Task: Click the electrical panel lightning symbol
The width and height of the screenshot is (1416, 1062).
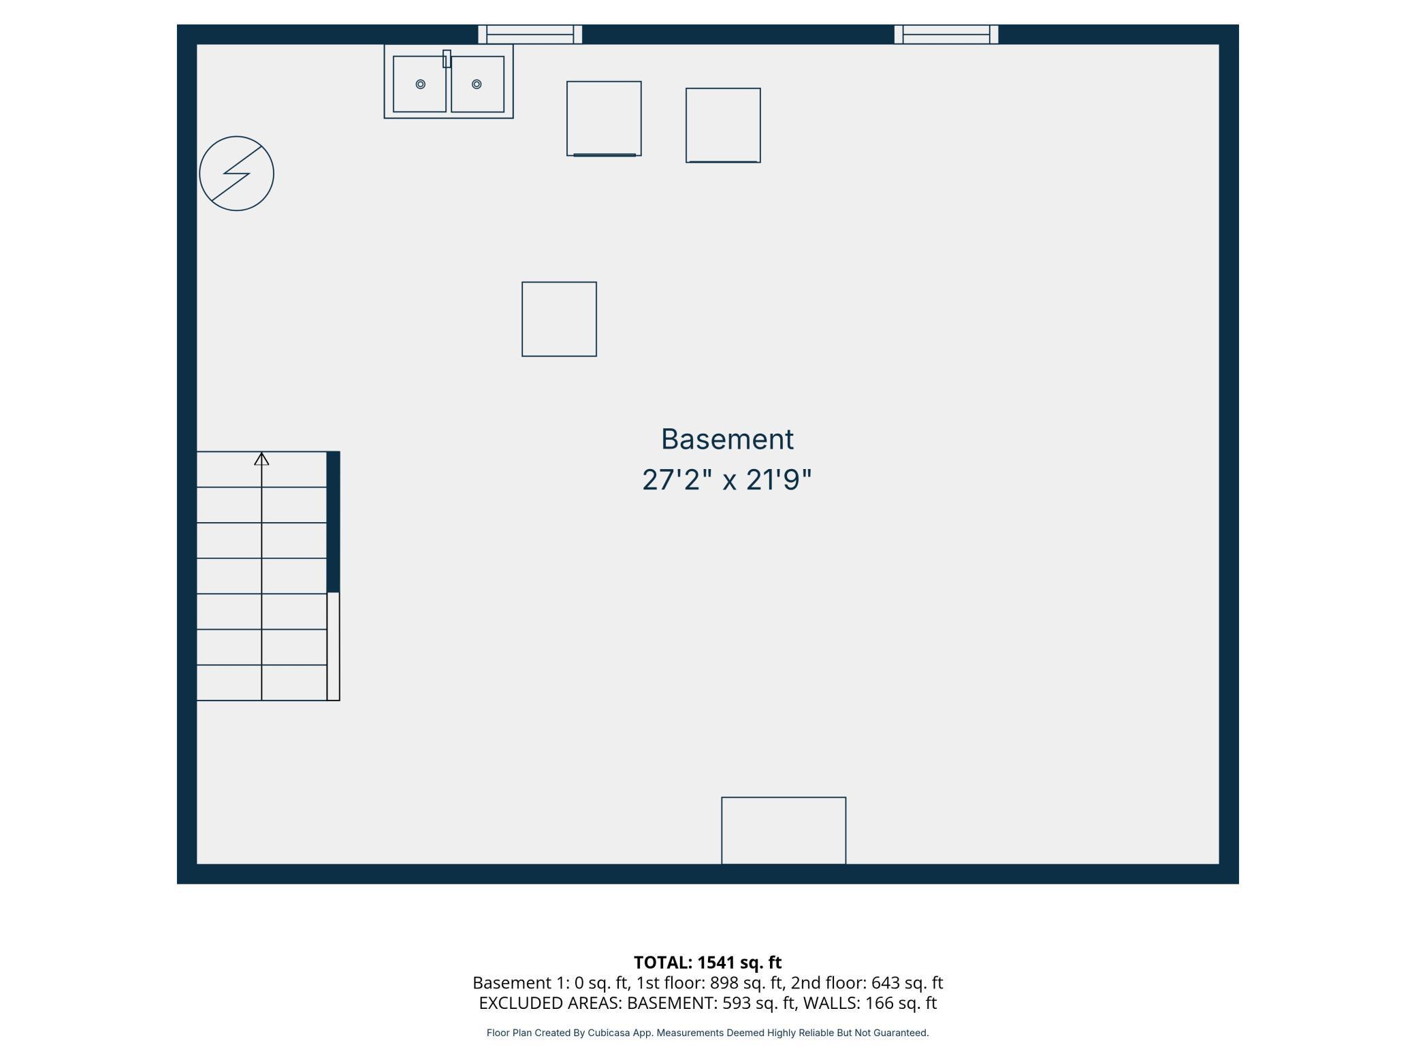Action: tap(236, 174)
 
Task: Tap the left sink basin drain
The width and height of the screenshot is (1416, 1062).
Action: tap(420, 84)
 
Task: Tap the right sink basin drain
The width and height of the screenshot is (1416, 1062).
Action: tap(477, 84)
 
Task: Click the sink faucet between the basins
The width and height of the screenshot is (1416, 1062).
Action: tap(447, 59)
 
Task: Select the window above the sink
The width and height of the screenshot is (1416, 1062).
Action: tap(530, 34)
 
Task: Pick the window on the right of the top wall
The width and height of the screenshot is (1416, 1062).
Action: tap(946, 34)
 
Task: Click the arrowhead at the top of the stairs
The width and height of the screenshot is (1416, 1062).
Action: tap(261, 460)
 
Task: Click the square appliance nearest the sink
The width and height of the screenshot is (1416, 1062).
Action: tap(604, 118)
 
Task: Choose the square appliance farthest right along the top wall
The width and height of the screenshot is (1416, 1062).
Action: tap(723, 125)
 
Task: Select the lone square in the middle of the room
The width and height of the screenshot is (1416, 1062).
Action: tap(559, 319)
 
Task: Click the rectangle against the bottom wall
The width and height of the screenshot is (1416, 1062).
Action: tap(784, 830)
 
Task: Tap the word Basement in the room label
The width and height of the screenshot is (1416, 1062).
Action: tap(727, 439)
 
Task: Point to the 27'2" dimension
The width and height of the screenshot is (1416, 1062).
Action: tap(677, 480)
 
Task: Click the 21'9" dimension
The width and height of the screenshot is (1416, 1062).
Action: tap(779, 480)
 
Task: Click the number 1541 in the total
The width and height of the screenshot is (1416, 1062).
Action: tap(715, 963)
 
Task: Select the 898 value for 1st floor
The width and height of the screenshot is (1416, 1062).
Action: tap(724, 983)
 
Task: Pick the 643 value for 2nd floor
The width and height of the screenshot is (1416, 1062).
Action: tap(885, 983)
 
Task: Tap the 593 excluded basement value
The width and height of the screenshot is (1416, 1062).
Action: tap(737, 1003)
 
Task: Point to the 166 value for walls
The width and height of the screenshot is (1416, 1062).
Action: tap(879, 1003)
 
